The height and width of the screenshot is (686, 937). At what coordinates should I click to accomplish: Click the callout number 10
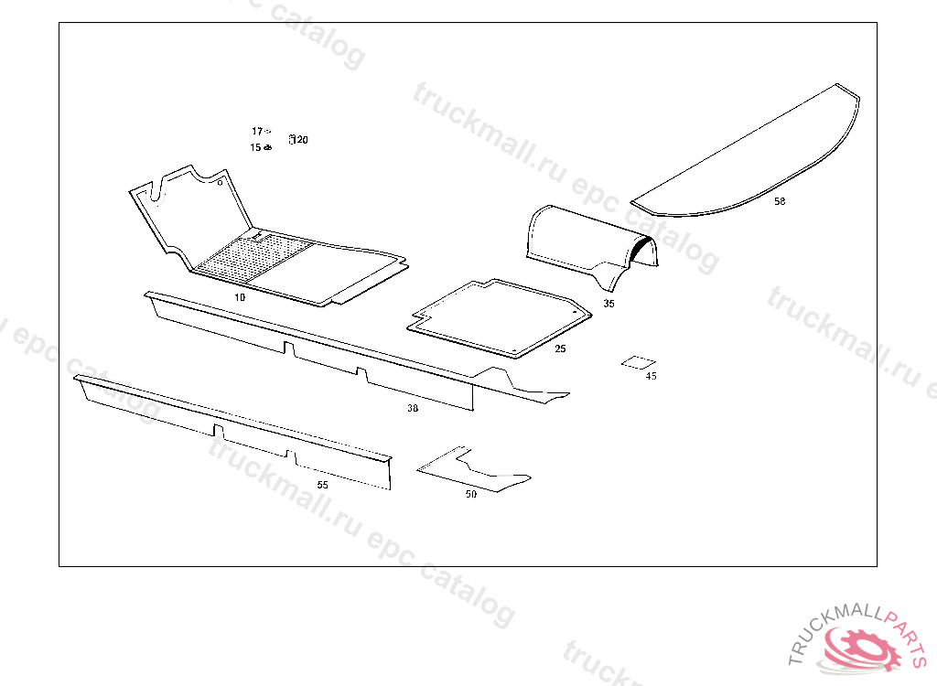[x=240, y=297]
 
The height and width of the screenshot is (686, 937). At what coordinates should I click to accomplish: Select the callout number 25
[x=560, y=348]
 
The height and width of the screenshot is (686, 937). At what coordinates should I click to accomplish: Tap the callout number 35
[x=609, y=303]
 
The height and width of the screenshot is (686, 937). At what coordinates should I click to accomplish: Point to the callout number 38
[x=413, y=409]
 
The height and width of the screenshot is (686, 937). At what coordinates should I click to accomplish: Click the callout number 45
[x=651, y=376]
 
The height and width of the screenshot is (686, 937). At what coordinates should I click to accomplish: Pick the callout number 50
[x=471, y=494]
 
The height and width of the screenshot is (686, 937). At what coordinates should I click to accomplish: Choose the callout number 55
[x=322, y=485]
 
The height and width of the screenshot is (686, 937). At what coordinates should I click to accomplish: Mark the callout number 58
[x=780, y=201]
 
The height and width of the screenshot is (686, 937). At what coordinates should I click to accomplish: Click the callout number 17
[x=257, y=132]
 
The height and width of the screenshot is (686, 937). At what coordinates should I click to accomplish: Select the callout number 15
[x=255, y=147]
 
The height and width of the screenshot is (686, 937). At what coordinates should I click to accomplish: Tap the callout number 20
[x=303, y=140]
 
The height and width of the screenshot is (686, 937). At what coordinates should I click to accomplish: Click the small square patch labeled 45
[x=638, y=362]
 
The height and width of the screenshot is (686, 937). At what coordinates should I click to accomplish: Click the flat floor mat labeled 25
[x=499, y=316]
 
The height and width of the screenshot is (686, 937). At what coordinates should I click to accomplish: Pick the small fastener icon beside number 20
[x=292, y=139]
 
